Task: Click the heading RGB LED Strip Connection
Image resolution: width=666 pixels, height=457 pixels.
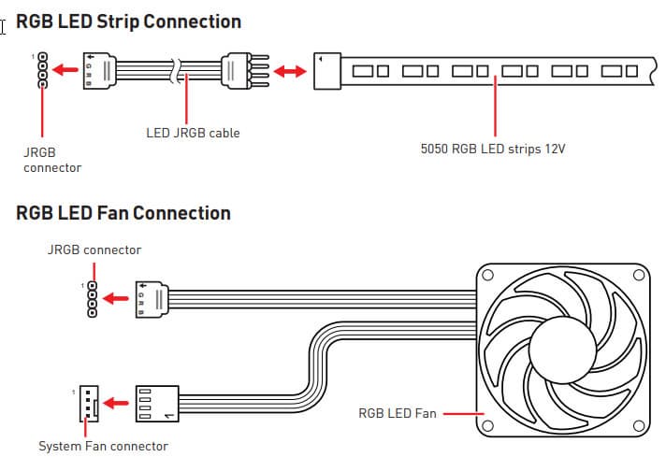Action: (x=128, y=21)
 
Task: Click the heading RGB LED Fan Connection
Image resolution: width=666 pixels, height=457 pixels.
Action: (x=123, y=213)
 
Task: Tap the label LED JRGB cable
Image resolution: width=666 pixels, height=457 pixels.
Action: (x=193, y=133)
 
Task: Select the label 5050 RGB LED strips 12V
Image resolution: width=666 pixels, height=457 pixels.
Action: (x=493, y=147)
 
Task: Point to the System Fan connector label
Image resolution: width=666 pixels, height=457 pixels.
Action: (x=103, y=446)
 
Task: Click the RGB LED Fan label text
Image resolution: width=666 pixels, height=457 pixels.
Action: (x=397, y=412)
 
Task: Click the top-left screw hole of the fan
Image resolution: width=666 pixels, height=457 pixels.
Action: (x=488, y=275)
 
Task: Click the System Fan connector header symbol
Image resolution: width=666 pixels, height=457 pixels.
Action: (x=88, y=403)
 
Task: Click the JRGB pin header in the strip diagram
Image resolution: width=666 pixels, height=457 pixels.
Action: (x=41, y=71)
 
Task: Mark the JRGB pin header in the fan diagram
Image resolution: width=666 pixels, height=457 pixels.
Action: (x=91, y=300)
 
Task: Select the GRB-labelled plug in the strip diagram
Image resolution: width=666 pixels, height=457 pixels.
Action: (x=100, y=71)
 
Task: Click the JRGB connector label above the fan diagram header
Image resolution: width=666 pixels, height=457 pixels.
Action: (x=94, y=250)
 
